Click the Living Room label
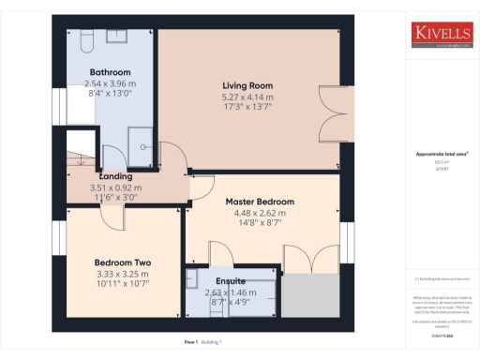(x=248, y=84)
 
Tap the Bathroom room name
(x=110, y=72)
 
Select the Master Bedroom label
(x=260, y=202)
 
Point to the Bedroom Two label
(x=123, y=262)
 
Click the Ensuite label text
(x=230, y=280)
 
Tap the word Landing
(x=115, y=176)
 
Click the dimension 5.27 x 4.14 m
(x=247, y=97)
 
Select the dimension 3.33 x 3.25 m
(x=123, y=274)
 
